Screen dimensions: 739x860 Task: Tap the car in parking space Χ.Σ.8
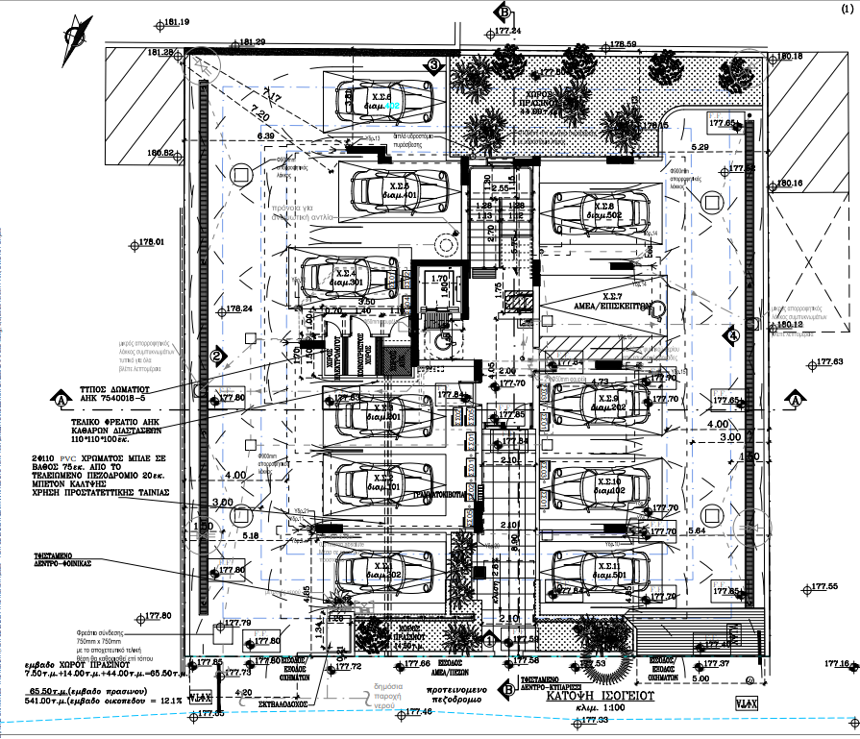pos(602,212)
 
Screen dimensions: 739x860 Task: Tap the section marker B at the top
pos(503,12)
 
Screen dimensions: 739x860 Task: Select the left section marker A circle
pos(61,399)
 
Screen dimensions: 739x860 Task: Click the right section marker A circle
pos(796,399)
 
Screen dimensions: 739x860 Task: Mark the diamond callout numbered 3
pos(434,65)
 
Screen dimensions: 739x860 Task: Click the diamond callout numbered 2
pos(217,357)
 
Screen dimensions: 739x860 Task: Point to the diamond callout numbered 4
pos(732,336)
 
